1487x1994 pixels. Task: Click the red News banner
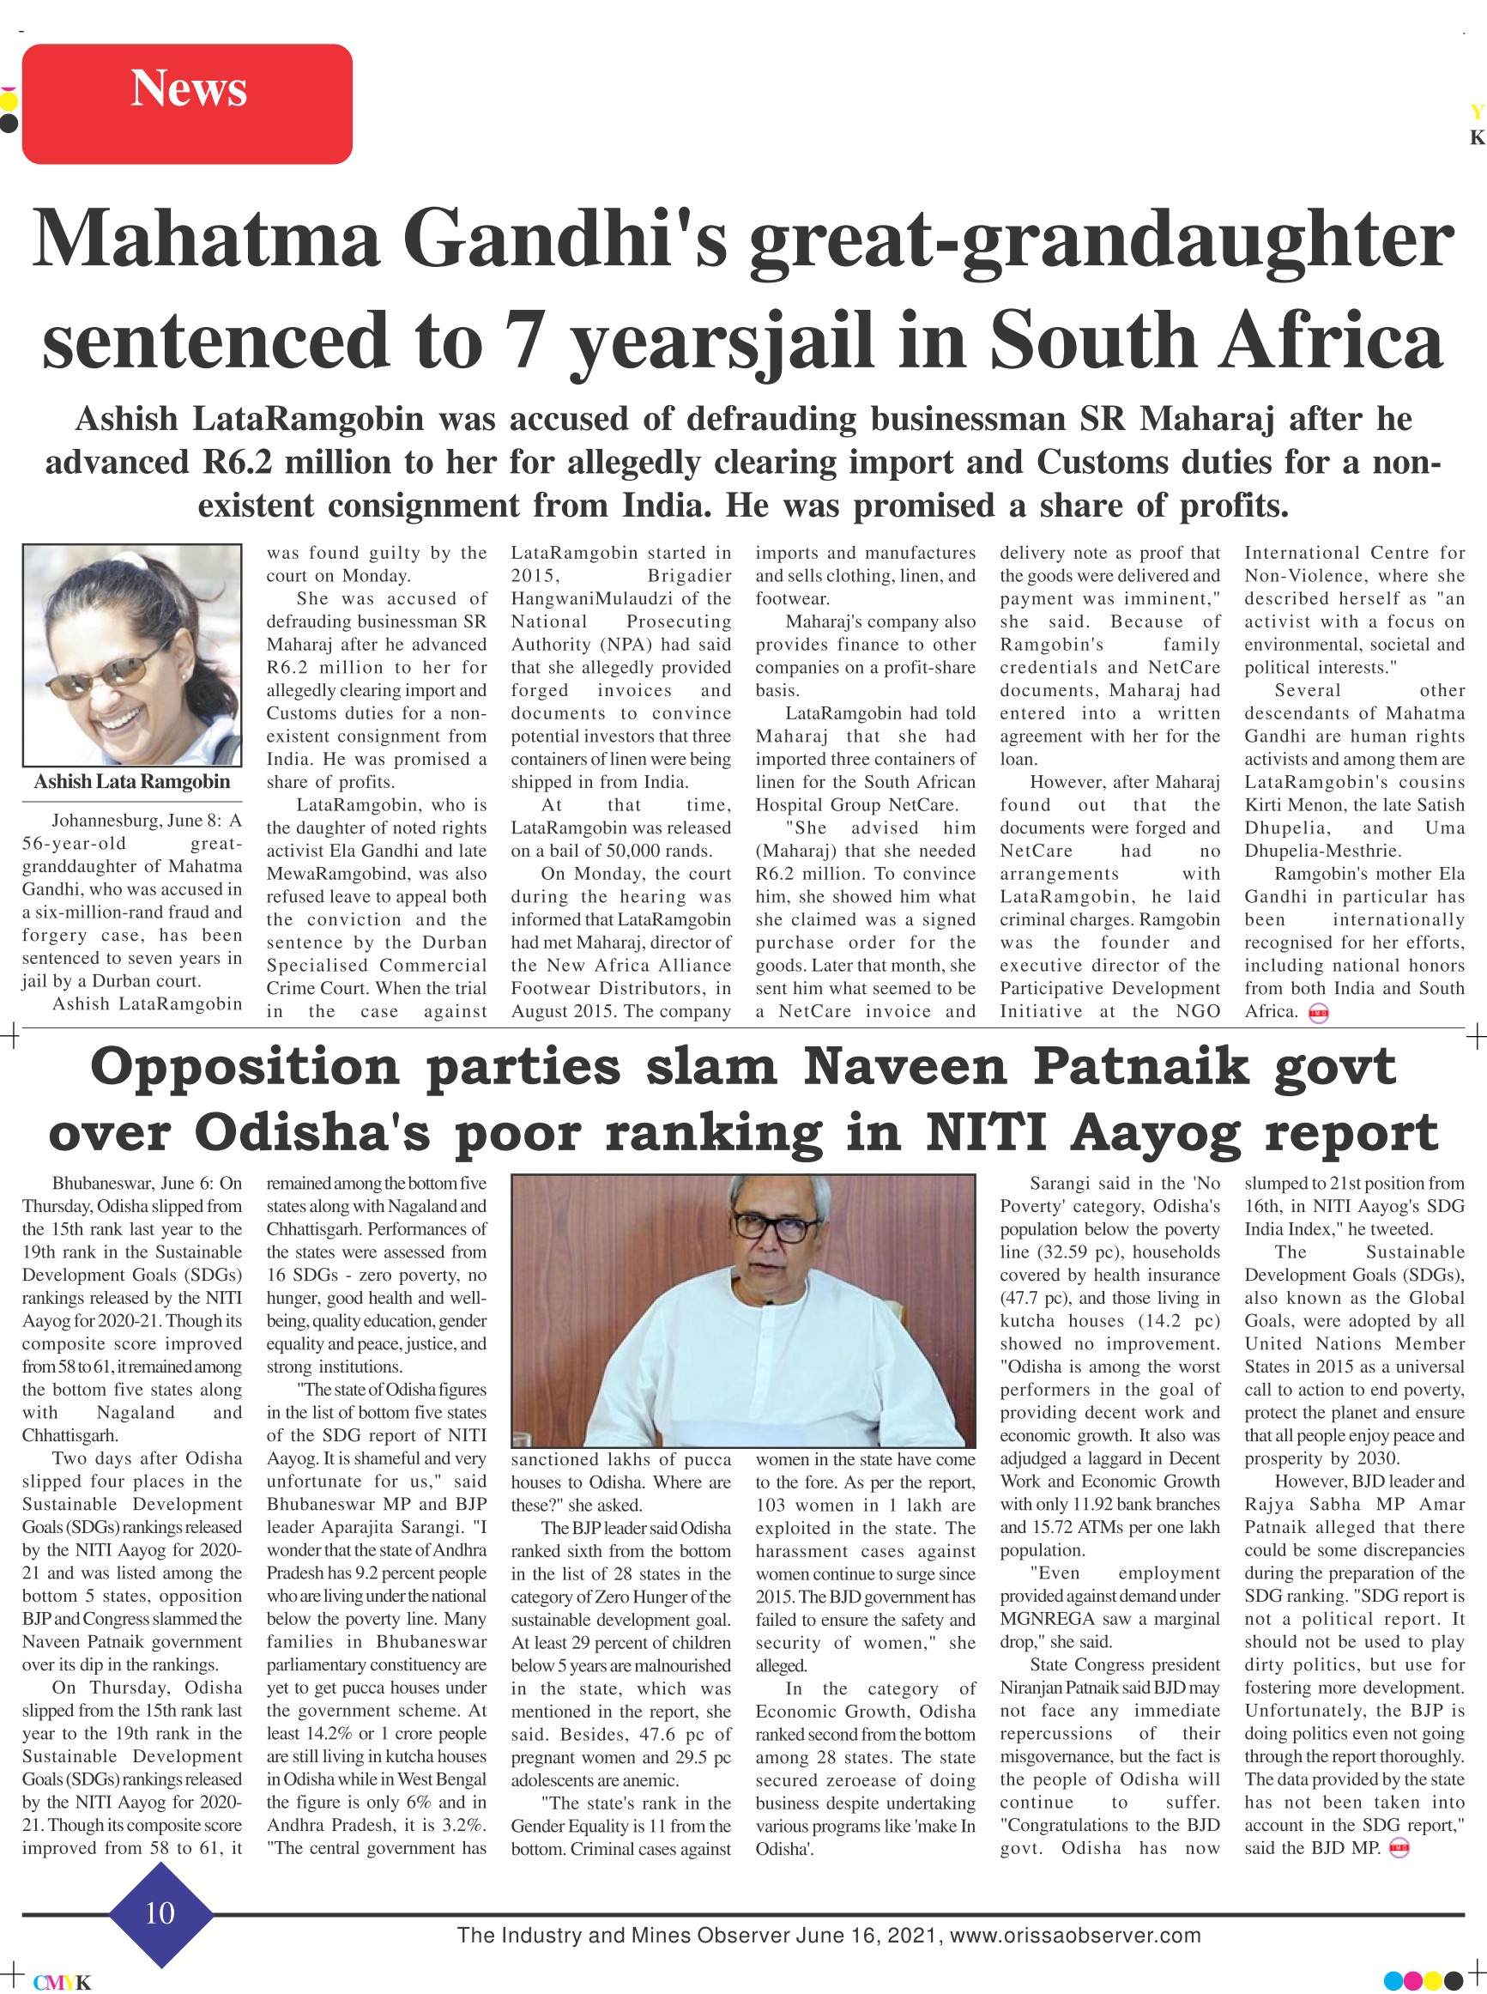pyautogui.click(x=187, y=104)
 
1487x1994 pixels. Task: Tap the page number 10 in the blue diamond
pyautogui.click(x=160, y=1912)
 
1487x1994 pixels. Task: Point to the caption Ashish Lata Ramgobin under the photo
pyautogui.click(x=132, y=781)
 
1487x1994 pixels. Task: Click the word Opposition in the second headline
pyautogui.click(x=244, y=1067)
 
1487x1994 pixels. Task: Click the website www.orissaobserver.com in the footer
pyautogui.click(x=1075, y=1935)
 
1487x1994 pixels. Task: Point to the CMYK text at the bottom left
pyautogui.click(x=62, y=1982)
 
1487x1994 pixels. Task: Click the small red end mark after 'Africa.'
pyautogui.click(x=1319, y=1012)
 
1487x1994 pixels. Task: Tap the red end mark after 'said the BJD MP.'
pyautogui.click(x=1399, y=1849)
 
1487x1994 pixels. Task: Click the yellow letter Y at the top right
pyautogui.click(x=1476, y=112)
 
